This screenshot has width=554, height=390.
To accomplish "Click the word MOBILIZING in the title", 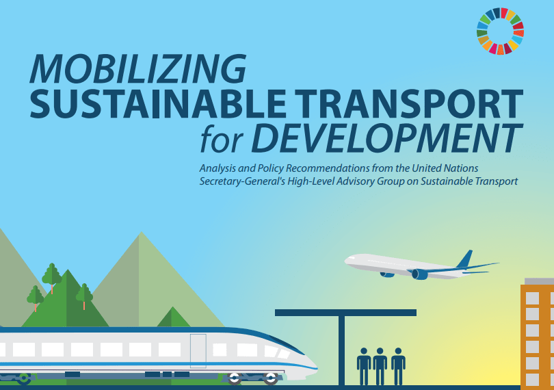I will [x=137, y=68].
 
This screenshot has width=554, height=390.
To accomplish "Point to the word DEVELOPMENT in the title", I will [x=384, y=139].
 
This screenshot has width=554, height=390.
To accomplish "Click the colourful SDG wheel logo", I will [x=500, y=31].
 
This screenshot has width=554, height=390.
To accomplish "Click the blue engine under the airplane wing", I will [x=419, y=274].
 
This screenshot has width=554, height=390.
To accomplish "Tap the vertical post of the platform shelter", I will [x=341, y=349].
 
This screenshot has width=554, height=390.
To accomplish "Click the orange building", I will [x=538, y=335].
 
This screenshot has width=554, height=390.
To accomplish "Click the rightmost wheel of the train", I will [x=271, y=377].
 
